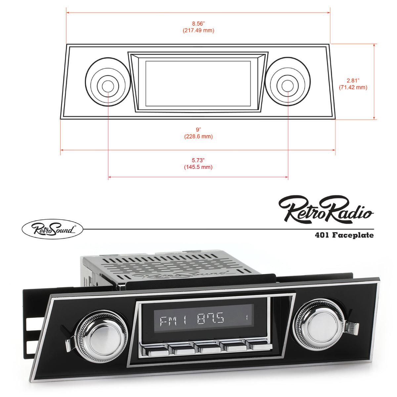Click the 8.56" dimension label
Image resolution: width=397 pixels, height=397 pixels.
point(198,23)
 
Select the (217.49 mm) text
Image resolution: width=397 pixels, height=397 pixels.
point(198,30)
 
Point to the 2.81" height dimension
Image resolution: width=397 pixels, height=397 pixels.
point(353,80)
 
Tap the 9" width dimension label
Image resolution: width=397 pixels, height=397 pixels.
point(198,129)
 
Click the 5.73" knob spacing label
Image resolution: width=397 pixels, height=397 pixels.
point(198,160)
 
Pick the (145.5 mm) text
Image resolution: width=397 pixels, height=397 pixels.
point(198,167)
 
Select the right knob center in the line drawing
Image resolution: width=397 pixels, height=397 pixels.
point(287,85)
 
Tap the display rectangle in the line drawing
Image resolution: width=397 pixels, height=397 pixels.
point(198,83)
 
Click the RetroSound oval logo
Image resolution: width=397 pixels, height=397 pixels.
point(52,229)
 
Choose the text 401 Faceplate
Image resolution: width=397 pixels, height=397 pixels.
point(344,235)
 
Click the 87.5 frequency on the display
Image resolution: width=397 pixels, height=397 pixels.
point(210,320)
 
